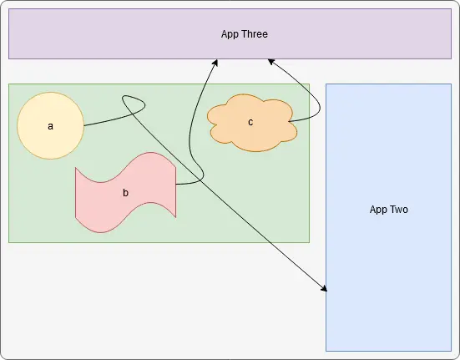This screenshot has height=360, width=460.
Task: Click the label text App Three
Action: [245, 34]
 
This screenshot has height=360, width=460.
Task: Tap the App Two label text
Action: [389, 210]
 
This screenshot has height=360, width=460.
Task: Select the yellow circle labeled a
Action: [51, 126]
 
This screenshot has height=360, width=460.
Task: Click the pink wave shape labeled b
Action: [125, 192]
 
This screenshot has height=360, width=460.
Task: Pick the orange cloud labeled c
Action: [252, 123]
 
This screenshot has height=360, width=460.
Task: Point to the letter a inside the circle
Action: [50, 126]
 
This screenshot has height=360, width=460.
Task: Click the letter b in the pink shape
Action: [125, 193]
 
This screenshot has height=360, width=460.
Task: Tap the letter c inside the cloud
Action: [250, 122]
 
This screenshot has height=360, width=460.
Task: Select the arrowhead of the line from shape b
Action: [215, 62]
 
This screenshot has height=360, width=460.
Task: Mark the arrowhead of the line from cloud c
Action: [270, 62]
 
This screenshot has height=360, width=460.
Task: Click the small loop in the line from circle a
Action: [134, 104]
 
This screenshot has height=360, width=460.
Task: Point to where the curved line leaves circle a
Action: [84, 126]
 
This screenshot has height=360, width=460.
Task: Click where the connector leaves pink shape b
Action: [176, 185]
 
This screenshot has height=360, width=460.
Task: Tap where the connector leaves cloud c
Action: [289, 121]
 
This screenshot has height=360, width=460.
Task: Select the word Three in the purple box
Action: [255, 34]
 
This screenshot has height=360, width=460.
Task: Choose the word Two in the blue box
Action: [399, 210]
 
